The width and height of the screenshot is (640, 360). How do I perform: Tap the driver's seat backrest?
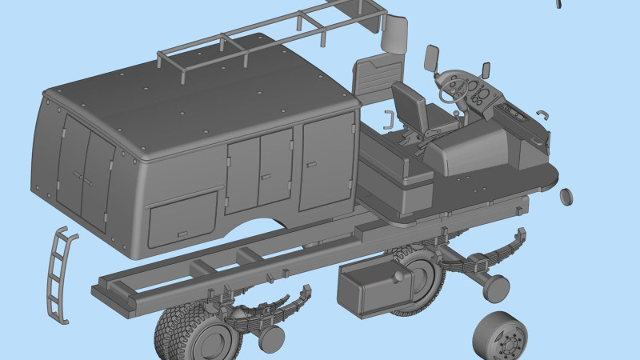coord(409,103)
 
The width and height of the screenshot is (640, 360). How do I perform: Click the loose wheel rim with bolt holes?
coord(500,336)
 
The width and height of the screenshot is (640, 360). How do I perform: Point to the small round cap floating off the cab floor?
coord(566,197)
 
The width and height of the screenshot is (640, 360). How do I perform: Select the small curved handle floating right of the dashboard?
coord(543,114)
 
